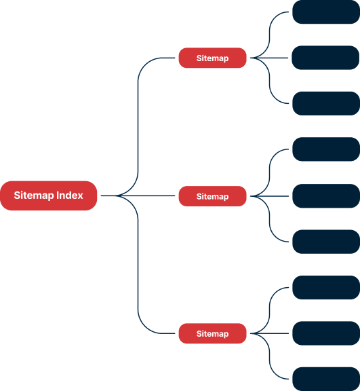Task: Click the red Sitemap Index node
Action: click(x=49, y=195)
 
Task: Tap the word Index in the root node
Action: click(x=70, y=195)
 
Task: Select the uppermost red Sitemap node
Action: click(x=213, y=58)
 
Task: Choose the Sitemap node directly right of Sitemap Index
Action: click(x=213, y=196)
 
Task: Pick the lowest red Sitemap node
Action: click(x=213, y=333)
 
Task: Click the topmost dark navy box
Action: click(x=326, y=12)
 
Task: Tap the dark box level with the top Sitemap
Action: click(x=325, y=58)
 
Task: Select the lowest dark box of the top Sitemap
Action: click(x=326, y=103)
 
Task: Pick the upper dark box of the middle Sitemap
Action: click(x=326, y=149)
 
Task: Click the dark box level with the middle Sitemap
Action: click(x=326, y=196)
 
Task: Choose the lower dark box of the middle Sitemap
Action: click(x=326, y=242)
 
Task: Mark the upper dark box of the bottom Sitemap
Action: click(x=326, y=288)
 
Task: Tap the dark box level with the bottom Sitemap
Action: click(x=326, y=333)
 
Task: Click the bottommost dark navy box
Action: click(x=326, y=379)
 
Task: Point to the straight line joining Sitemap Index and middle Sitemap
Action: click(x=138, y=195)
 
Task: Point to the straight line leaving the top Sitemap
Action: click(x=269, y=58)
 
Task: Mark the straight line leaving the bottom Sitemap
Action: click(x=269, y=333)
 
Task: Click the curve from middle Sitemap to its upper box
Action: click(x=269, y=173)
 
